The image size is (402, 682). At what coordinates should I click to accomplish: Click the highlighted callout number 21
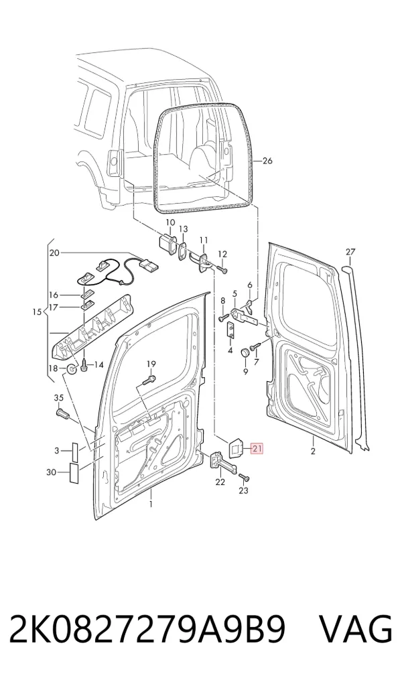pos(257,449)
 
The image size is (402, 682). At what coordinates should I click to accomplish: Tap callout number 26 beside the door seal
pos(267,161)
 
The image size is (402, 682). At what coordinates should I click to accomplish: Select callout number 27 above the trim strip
pos(350,252)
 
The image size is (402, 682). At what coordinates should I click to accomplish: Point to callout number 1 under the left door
pos(151,504)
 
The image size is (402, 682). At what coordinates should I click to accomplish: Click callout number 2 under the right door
pos(313,451)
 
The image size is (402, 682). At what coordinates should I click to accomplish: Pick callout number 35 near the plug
pos(58,397)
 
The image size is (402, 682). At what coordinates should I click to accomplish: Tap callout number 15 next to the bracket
pos(37,312)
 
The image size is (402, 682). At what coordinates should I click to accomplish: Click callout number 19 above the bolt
pos(151,364)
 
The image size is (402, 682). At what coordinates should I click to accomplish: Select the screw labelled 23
pos(244,478)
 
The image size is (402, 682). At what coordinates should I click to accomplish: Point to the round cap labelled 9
pos(246,352)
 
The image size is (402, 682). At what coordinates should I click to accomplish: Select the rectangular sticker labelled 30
pos(74,473)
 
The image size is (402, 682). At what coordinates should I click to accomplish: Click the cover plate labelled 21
pos(237,448)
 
